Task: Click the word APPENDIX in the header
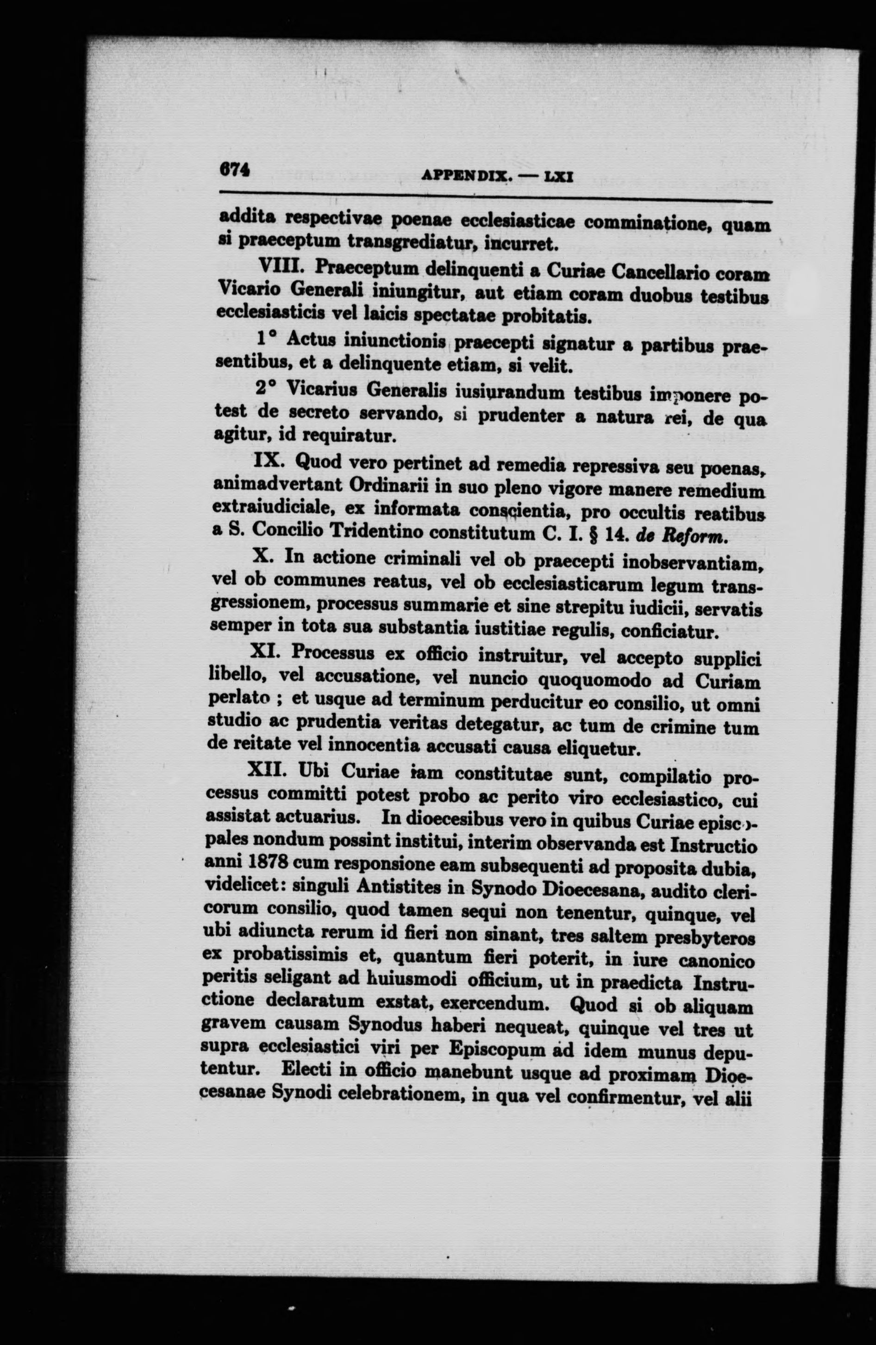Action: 467,177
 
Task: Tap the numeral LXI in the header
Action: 558,177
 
